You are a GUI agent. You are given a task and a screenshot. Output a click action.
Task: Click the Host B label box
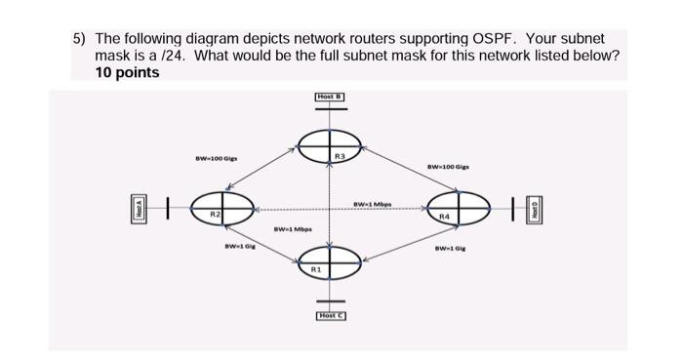330,96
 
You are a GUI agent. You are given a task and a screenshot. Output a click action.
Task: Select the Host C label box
330,315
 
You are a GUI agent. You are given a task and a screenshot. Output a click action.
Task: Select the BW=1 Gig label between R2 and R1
238,249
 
